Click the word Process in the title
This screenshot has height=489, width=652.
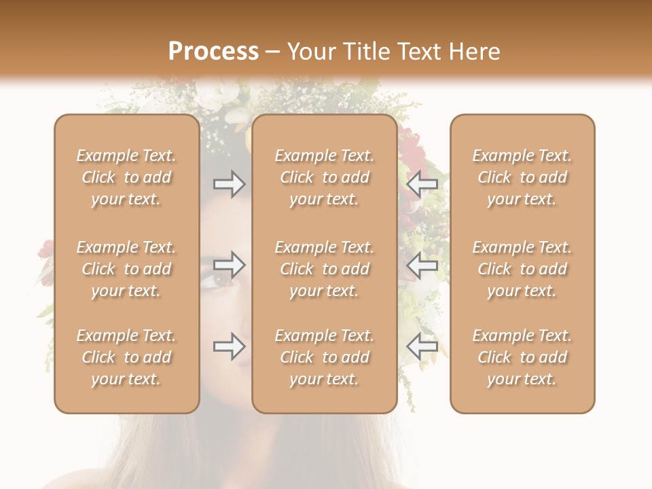(213, 52)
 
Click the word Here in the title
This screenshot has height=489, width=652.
(473, 52)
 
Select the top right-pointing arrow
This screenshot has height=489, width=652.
(230, 184)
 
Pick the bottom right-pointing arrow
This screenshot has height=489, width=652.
(230, 346)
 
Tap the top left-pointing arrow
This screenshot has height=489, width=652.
(422, 184)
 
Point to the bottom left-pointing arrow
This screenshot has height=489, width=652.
(422, 346)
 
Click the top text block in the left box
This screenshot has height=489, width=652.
(126, 177)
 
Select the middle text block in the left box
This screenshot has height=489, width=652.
(126, 269)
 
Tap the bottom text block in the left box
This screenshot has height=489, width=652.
(126, 357)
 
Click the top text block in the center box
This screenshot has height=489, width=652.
(324, 177)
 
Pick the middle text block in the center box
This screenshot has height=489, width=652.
(324, 269)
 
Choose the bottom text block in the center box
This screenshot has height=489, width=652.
(324, 357)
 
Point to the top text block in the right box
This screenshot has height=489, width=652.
(522, 177)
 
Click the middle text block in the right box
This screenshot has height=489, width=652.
(522, 269)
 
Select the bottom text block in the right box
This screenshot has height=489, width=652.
(522, 357)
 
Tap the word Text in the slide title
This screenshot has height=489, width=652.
(419, 52)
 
